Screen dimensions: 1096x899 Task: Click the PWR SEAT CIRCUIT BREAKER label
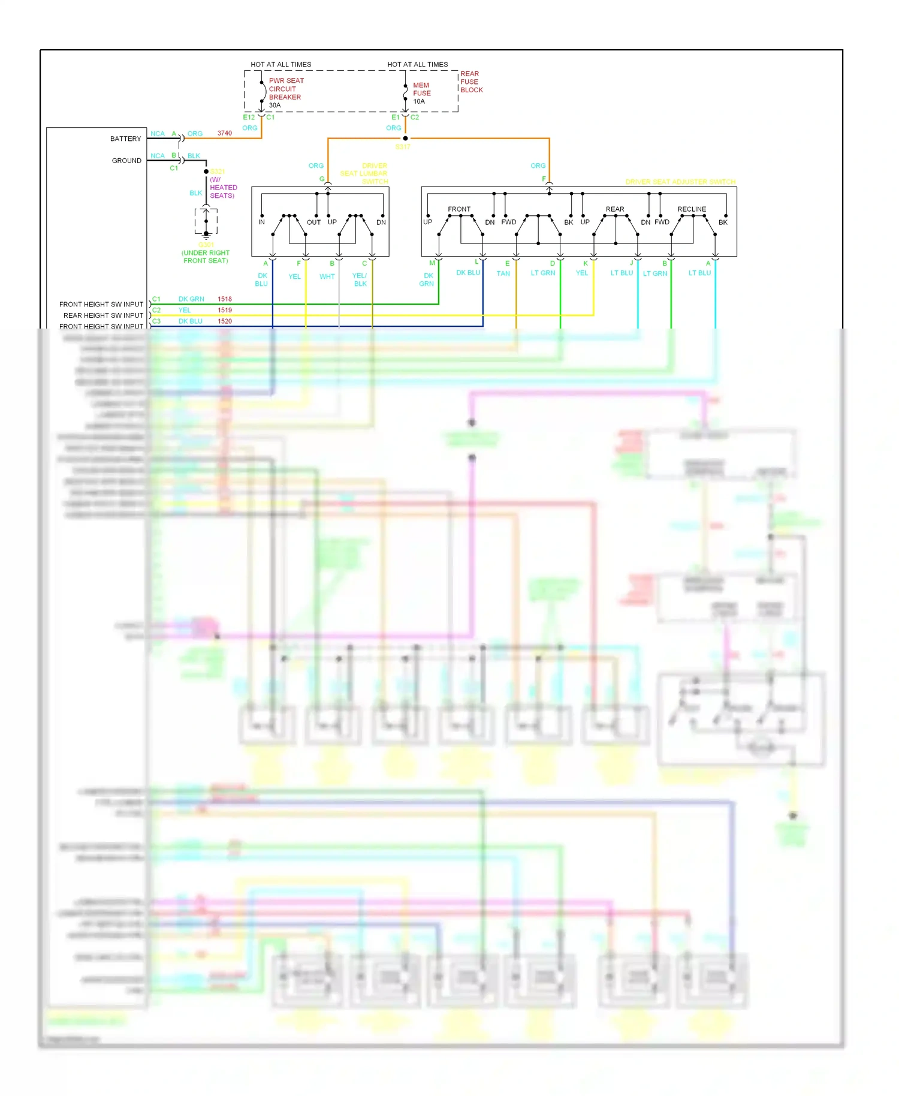[286, 89]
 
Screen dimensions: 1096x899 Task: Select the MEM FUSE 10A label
[421, 93]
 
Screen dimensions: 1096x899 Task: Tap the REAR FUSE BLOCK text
[471, 82]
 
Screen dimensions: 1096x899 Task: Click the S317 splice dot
[405, 138]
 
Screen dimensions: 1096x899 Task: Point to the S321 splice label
[218, 171]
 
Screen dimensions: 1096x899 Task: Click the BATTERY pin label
[125, 138]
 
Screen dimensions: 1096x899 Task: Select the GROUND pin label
[126, 161]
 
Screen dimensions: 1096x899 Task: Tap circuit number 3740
[225, 133]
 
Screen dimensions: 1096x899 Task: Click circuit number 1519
[225, 310]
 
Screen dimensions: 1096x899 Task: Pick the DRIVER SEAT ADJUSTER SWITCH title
[680, 182]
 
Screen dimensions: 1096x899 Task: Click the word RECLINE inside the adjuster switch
[692, 209]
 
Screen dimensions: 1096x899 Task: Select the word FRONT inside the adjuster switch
[459, 209]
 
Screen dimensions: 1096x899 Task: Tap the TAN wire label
[503, 273]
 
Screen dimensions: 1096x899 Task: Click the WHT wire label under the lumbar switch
[327, 276]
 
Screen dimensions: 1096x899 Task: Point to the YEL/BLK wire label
[360, 279]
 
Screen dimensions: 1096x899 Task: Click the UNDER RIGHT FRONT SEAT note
[206, 257]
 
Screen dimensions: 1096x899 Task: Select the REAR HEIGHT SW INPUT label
[103, 315]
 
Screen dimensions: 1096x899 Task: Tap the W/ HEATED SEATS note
[223, 188]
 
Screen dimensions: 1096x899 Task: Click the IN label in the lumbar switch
[261, 222]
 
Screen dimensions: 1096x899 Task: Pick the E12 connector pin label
[249, 118]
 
